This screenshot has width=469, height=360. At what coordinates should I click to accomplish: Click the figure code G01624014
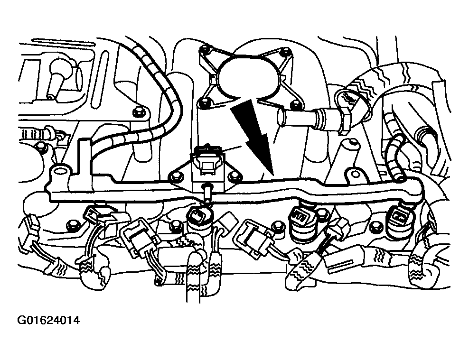[x=49, y=320]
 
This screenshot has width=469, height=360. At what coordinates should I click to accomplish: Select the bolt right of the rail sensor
[x=234, y=178]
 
